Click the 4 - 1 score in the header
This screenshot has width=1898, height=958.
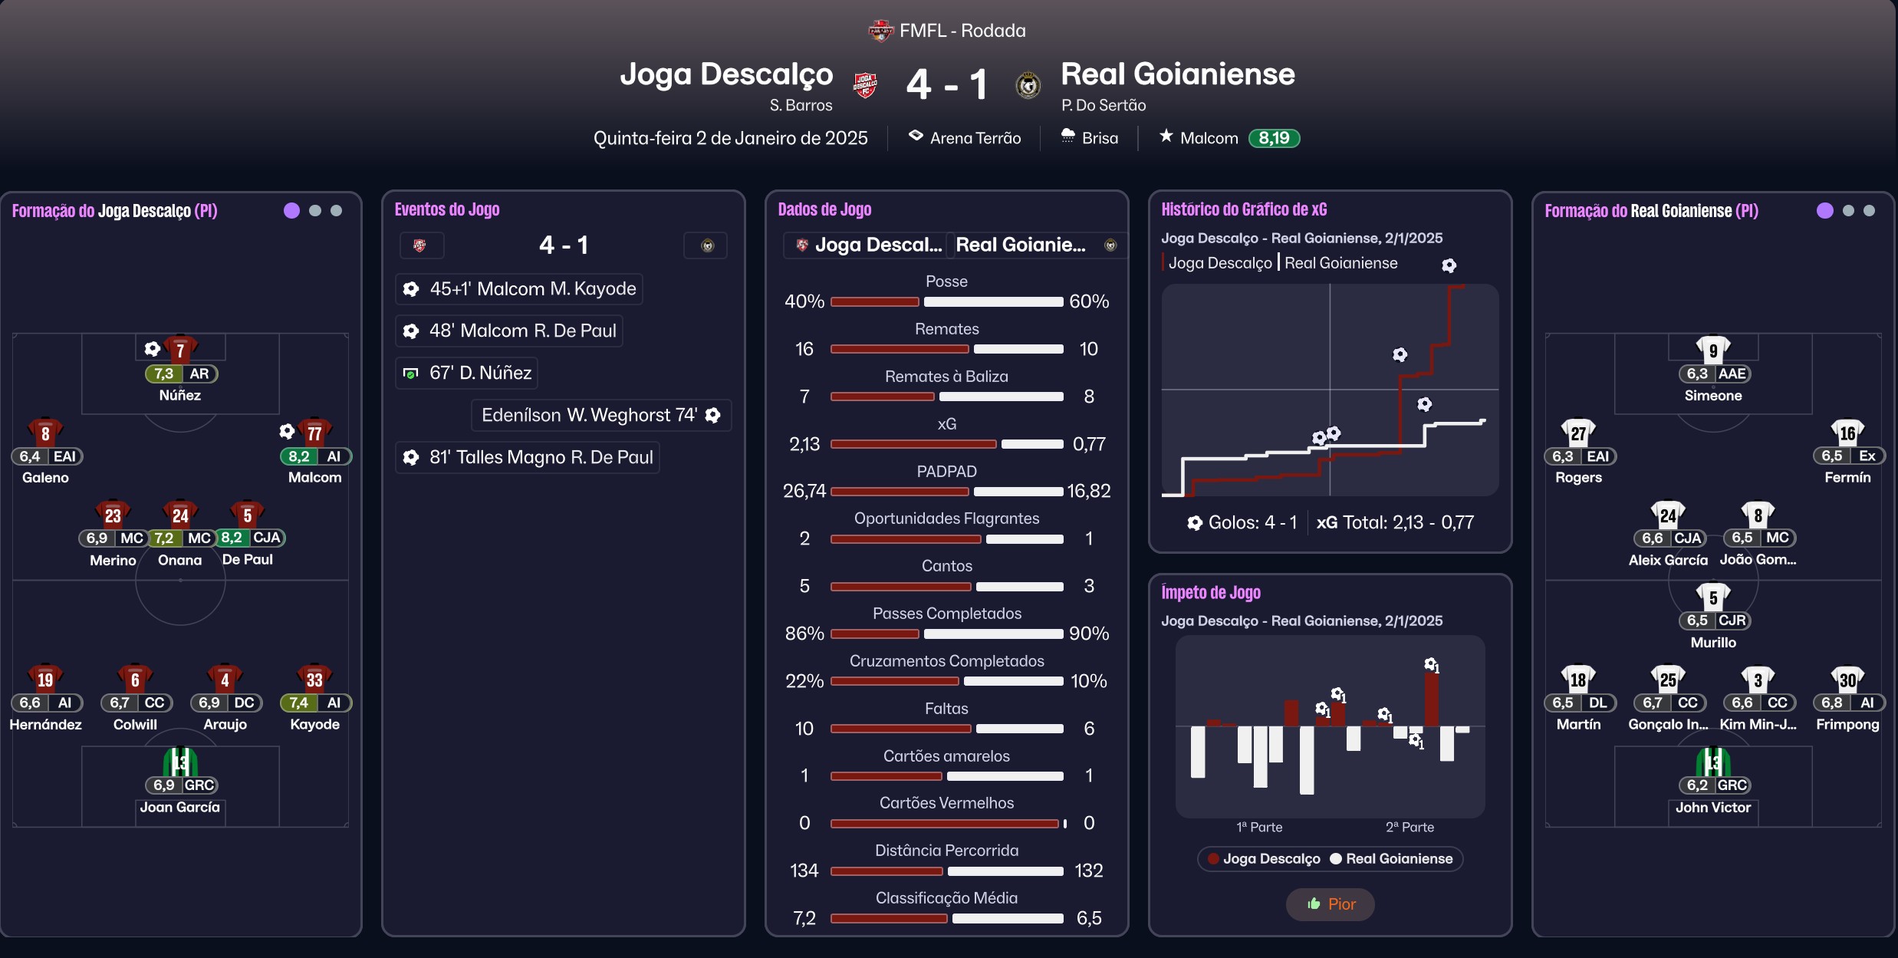pyautogui.click(x=946, y=84)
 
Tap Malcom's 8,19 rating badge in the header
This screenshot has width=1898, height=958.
pyautogui.click(x=1274, y=138)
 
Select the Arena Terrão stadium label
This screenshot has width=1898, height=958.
pyautogui.click(x=975, y=138)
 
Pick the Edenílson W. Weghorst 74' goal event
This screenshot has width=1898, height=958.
pyautogui.click(x=589, y=415)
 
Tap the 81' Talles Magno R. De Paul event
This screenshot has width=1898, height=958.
pyautogui.click(x=541, y=457)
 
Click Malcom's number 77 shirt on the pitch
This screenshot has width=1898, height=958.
pyautogui.click(x=314, y=433)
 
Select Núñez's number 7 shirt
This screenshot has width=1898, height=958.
pyautogui.click(x=180, y=350)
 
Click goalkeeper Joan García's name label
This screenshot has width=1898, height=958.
pyautogui.click(x=179, y=807)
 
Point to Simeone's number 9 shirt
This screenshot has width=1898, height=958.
pyautogui.click(x=1713, y=350)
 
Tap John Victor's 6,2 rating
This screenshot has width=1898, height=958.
pyautogui.click(x=1697, y=785)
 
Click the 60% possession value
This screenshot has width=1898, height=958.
pyautogui.click(x=1089, y=301)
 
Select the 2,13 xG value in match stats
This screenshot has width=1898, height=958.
pyautogui.click(x=804, y=444)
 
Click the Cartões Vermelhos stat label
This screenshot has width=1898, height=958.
pyautogui.click(x=946, y=803)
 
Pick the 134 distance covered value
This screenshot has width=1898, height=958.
pyautogui.click(x=804, y=871)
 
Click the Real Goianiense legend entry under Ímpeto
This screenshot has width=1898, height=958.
pyautogui.click(x=1399, y=859)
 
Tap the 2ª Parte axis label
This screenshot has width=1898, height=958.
pyautogui.click(x=1410, y=827)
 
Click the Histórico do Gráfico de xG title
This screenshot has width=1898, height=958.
pyautogui.click(x=1244, y=209)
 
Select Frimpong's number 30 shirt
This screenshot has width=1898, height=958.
pyautogui.click(x=1847, y=679)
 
